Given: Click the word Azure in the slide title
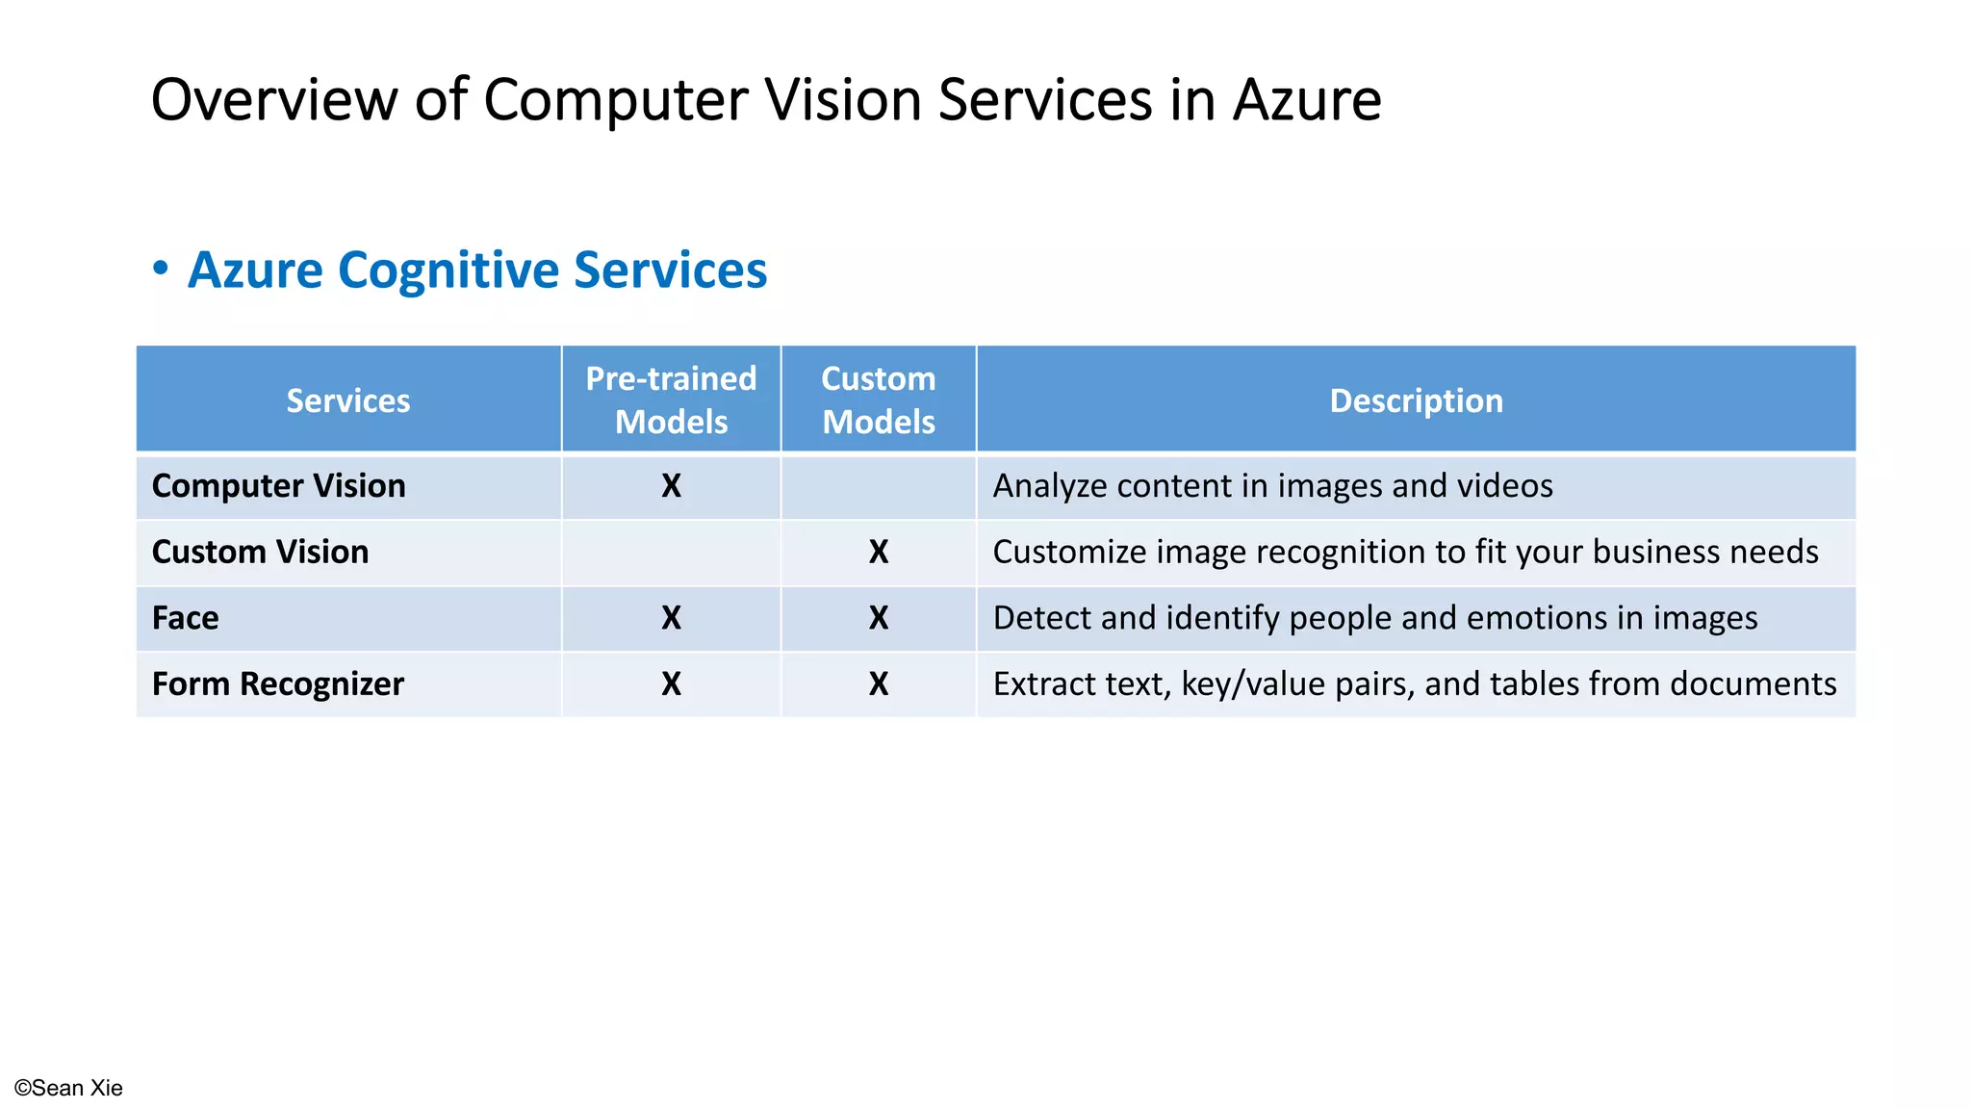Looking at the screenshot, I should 1306,100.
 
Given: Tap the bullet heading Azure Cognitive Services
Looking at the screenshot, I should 477,271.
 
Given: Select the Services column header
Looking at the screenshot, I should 348,400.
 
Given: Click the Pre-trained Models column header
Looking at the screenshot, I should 671,400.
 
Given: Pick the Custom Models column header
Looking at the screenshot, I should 878,400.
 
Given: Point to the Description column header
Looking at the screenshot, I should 1416,400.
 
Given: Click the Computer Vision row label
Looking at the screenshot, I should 279,486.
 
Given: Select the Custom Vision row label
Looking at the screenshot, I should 260,552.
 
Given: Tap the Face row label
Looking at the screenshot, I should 186,618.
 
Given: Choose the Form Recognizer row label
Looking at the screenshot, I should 278,684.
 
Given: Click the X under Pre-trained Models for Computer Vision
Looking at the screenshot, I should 671,486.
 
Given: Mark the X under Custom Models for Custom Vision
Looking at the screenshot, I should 878,553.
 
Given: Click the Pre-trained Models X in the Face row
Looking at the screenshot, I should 671,618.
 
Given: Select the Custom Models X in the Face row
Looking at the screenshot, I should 878,618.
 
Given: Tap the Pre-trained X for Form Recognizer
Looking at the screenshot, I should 671,684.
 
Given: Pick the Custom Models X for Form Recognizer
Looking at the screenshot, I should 878,684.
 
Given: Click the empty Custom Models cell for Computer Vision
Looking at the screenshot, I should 878,486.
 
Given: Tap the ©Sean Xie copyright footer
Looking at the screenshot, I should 68,1088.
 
